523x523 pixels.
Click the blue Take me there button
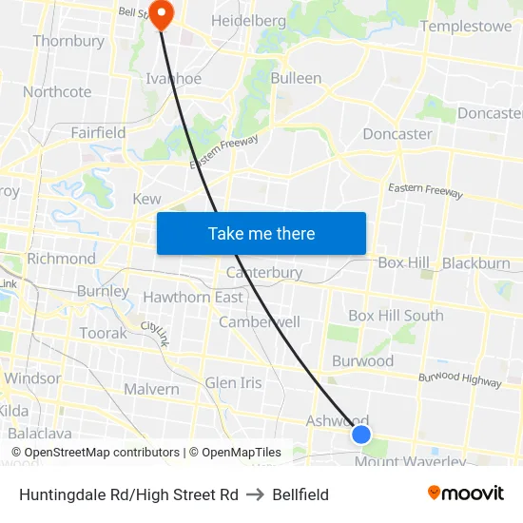click(261, 233)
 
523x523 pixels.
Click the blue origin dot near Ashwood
click(361, 435)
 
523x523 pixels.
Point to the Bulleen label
click(296, 78)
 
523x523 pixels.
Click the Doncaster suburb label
click(397, 134)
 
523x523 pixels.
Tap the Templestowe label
click(466, 27)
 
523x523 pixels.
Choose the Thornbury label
click(68, 41)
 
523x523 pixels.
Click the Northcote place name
click(57, 92)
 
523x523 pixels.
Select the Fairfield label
click(98, 133)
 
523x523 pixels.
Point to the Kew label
click(146, 199)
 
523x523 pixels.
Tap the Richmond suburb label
click(61, 259)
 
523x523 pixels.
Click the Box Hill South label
click(396, 316)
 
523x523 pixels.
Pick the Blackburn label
click(475, 263)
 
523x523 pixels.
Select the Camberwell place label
click(259, 322)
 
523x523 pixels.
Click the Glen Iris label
click(233, 382)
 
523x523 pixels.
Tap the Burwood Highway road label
click(460, 380)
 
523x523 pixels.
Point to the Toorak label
click(103, 334)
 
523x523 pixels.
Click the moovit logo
click(465, 493)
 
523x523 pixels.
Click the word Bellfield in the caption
click(300, 494)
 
